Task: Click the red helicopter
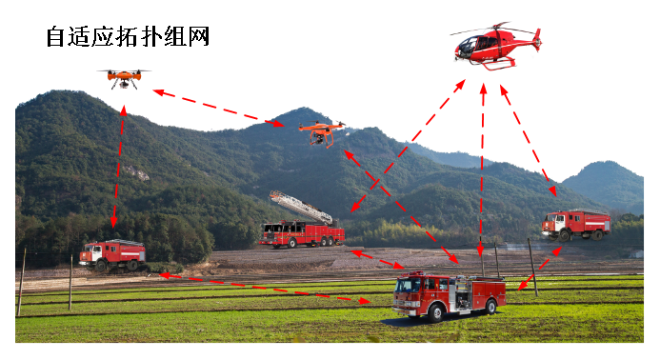click(x=496, y=47)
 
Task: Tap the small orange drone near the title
click(x=124, y=78)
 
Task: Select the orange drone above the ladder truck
click(x=322, y=132)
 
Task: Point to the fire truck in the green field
click(x=449, y=296)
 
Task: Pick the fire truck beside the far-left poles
click(x=112, y=254)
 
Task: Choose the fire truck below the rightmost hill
click(x=576, y=225)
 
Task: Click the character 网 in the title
click(x=199, y=36)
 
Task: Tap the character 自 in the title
click(x=55, y=36)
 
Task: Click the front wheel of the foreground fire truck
click(x=435, y=312)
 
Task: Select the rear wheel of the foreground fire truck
click(x=490, y=307)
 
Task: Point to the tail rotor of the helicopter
click(x=537, y=39)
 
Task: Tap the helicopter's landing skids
click(x=496, y=64)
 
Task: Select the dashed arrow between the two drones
click(x=217, y=108)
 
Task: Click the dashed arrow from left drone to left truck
click(x=118, y=167)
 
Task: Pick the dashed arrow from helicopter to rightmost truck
click(x=529, y=140)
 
